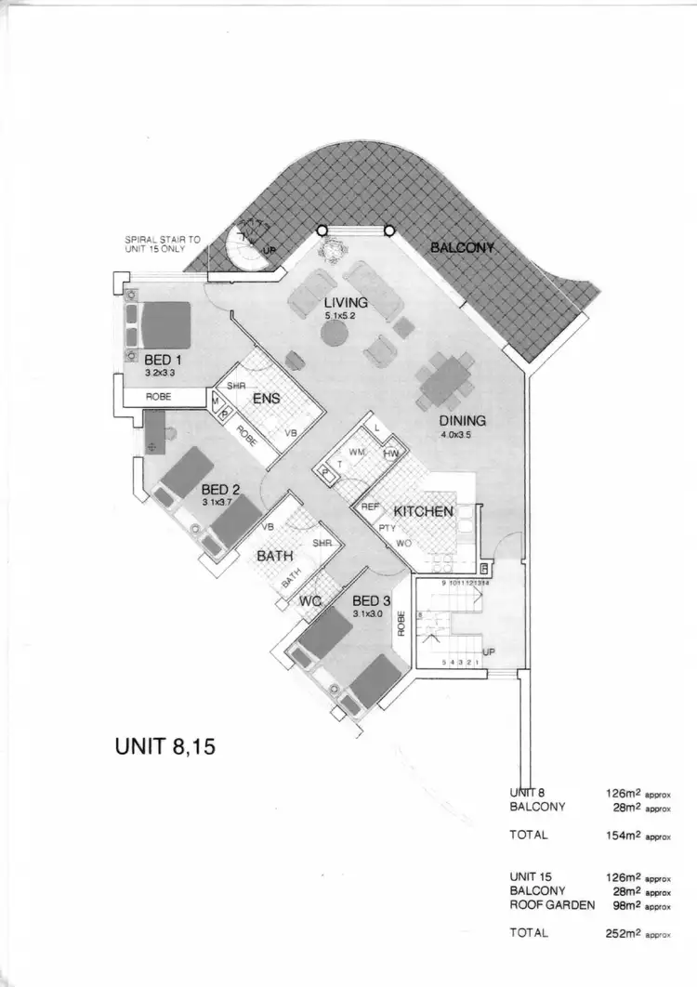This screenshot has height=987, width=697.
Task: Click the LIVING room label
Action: (x=346, y=303)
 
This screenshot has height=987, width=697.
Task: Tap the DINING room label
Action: (x=463, y=420)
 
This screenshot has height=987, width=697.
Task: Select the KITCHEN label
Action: (x=423, y=511)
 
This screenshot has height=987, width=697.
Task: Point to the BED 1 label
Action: (x=163, y=359)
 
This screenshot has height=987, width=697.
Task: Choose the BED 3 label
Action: (x=372, y=600)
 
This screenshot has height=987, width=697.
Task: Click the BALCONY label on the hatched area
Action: (x=462, y=248)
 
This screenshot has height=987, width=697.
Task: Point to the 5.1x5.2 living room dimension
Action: (x=340, y=317)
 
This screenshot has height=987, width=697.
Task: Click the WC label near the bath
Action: (x=309, y=602)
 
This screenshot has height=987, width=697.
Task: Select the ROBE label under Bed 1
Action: (x=159, y=395)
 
